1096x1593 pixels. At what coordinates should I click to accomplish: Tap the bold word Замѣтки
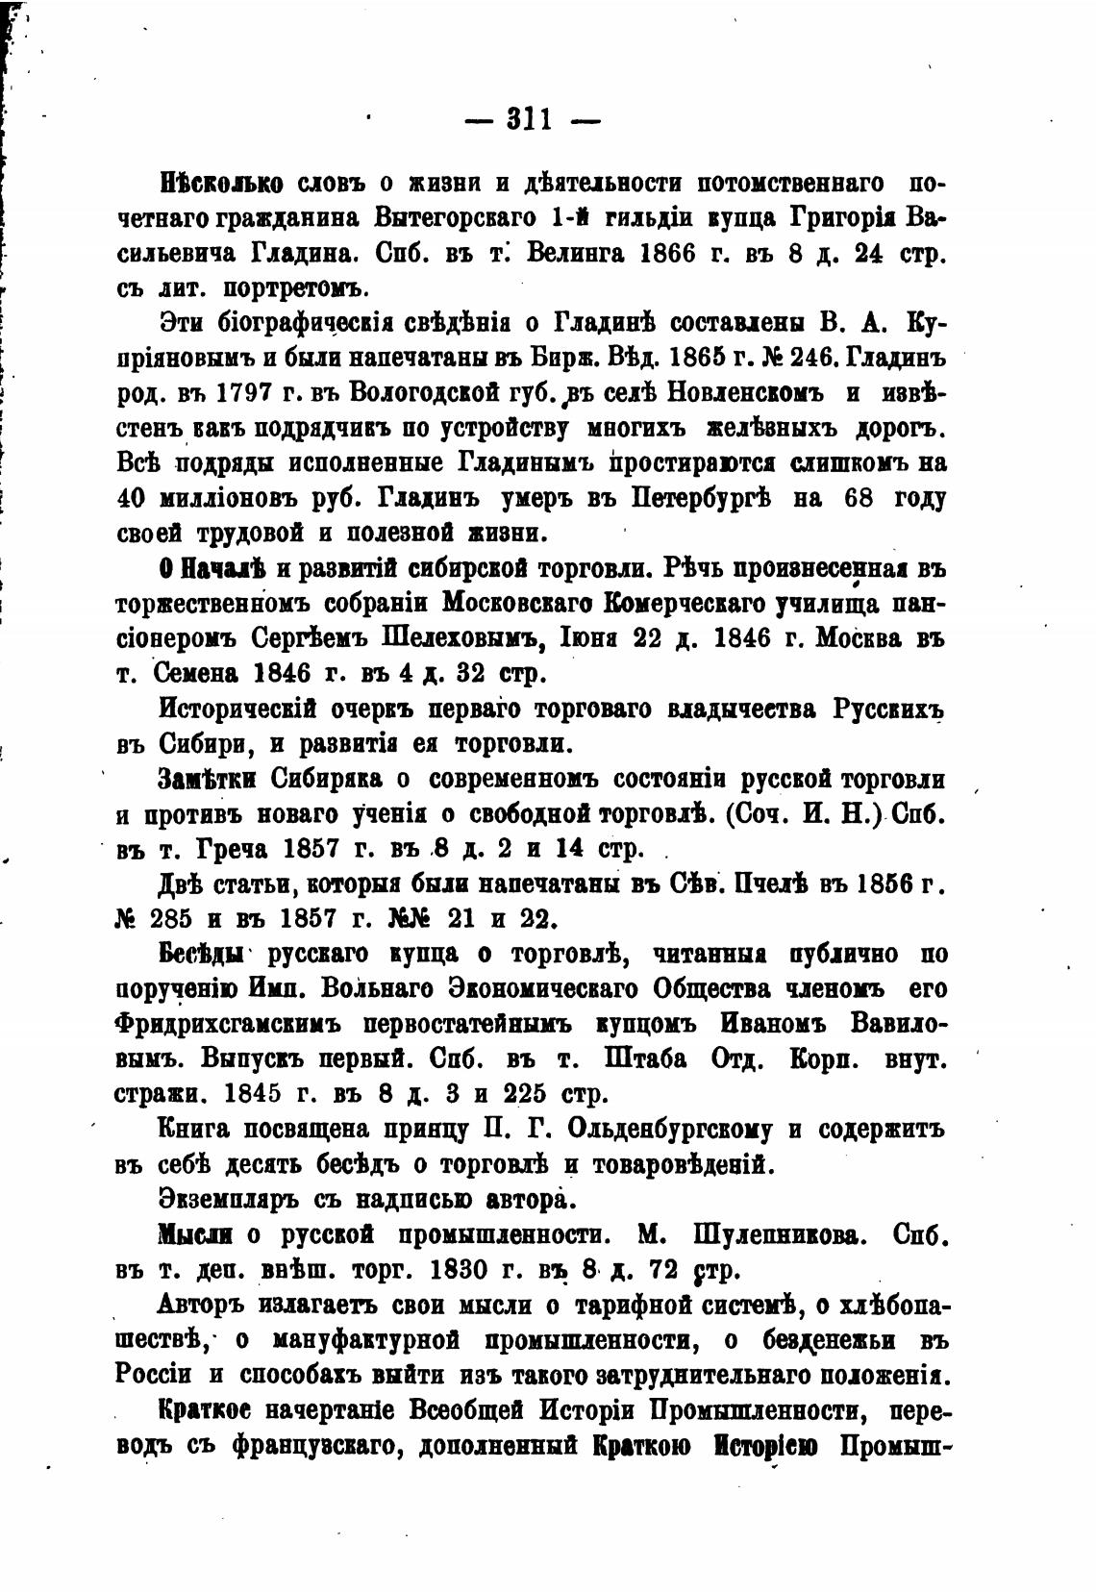click(x=206, y=779)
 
